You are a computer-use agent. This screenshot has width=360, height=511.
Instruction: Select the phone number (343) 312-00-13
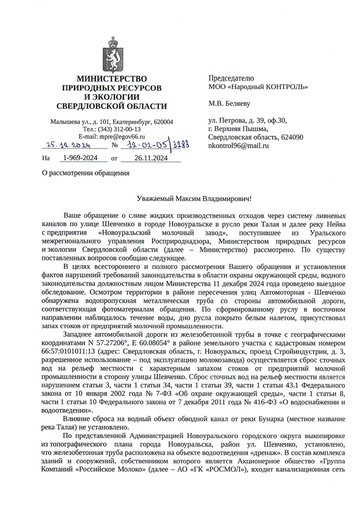coord(120,129)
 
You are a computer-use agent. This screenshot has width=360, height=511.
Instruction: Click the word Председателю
coord(231,78)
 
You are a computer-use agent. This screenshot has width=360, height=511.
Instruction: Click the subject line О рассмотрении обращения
coord(85,173)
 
